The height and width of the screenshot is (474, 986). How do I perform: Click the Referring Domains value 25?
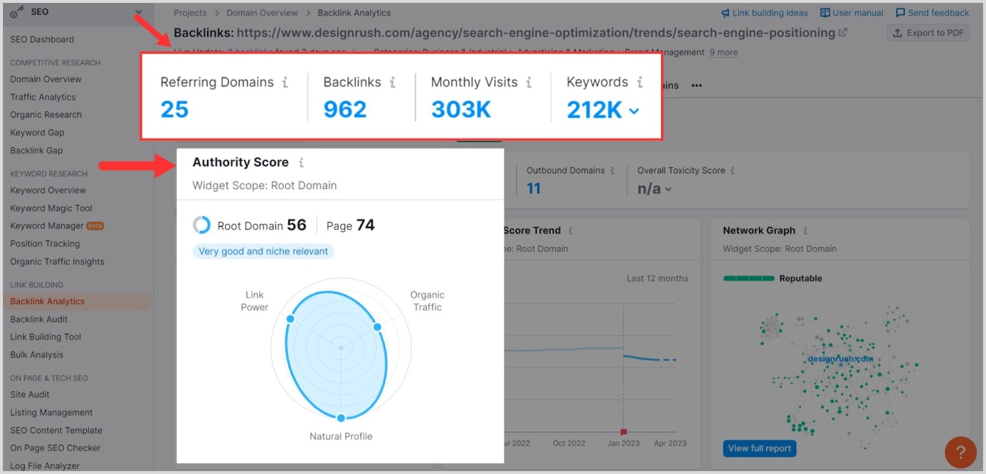[174, 110]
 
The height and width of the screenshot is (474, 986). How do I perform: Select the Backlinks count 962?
[345, 110]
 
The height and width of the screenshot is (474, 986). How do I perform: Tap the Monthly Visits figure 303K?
[461, 110]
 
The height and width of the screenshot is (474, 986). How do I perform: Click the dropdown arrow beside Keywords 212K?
[634, 111]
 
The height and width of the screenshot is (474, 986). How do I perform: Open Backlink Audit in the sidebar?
[39, 319]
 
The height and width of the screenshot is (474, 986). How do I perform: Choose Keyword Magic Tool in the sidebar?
[51, 208]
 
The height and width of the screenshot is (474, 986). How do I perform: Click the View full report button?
[759, 448]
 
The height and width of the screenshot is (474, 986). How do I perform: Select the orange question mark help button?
[960, 452]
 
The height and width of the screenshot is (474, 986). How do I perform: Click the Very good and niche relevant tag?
[263, 251]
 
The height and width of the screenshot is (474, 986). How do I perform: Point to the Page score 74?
[365, 225]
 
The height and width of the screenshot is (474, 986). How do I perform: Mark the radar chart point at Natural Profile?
[341, 418]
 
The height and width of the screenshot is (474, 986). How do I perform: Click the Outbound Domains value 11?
[534, 188]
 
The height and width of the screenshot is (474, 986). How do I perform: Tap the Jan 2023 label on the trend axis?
[623, 443]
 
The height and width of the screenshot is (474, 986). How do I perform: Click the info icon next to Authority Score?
[301, 163]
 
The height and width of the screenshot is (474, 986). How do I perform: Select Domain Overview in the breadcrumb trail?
[262, 13]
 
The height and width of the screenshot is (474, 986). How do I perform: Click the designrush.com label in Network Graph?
[840, 359]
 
